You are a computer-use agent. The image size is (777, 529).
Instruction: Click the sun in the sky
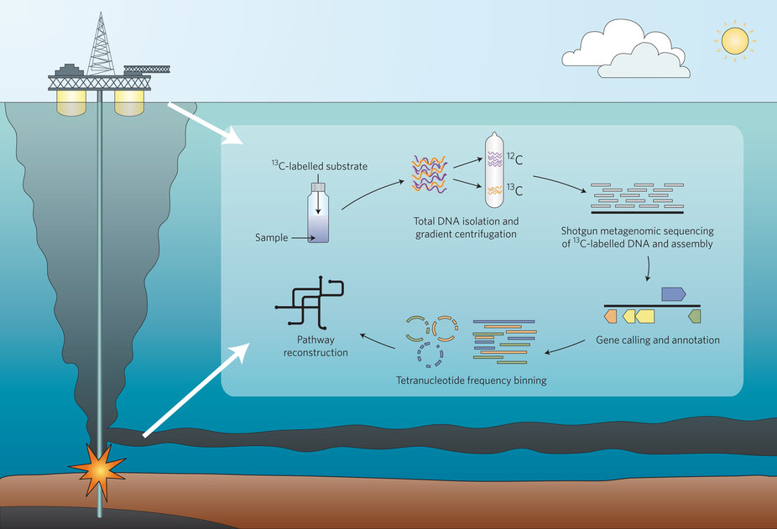[x=734, y=41]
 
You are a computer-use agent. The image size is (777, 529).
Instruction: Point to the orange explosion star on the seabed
[x=99, y=471]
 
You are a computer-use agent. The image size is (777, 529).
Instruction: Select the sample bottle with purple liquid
[x=319, y=219]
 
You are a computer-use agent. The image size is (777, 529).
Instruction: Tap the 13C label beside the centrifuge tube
[x=514, y=190]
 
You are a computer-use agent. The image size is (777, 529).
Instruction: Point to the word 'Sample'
[x=272, y=238]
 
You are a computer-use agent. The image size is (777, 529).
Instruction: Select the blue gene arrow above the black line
[x=674, y=293]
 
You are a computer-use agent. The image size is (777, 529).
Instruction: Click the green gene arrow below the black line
[x=694, y=316]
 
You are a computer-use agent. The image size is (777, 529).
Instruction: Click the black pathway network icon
[x=310, y=303]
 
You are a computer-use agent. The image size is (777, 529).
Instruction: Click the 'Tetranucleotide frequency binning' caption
[x=471, y=381]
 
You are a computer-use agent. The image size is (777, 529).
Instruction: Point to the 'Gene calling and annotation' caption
[x=658, y=340]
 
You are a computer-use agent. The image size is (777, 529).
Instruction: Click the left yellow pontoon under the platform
[x=70, y=102]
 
